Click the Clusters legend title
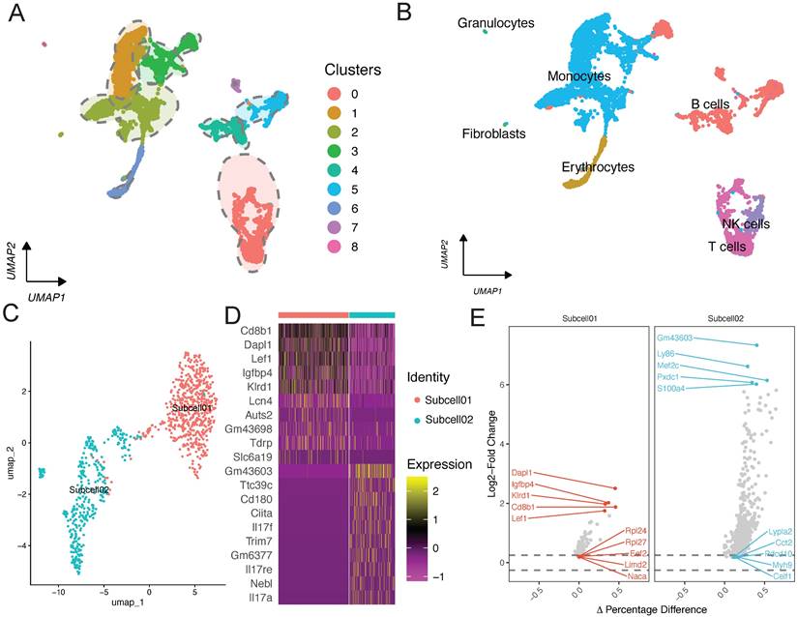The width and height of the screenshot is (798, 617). (353, 70)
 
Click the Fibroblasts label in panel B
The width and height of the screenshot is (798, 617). (494, 132)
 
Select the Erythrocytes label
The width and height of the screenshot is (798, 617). (598, 167)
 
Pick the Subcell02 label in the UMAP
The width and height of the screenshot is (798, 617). (87, 490)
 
